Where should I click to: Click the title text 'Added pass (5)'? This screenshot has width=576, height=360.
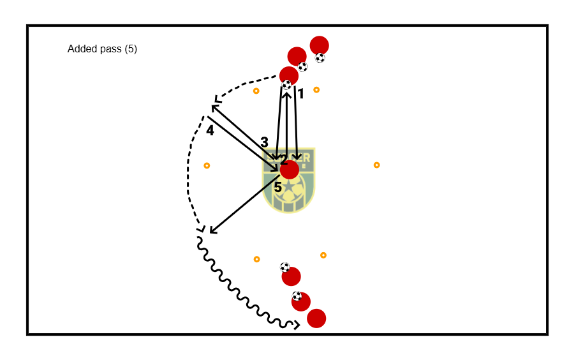coord(102,49)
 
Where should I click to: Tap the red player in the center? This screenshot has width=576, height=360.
coord(290,170)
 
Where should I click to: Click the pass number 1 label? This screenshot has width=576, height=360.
coord(300,94)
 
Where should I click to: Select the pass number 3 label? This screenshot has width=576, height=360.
coord(264,142)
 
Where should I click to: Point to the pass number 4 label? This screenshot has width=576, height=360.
coord(210,130)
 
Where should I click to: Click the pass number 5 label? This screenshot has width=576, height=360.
coord(277,188)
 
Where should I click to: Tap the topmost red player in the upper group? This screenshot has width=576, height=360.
coord(319,45)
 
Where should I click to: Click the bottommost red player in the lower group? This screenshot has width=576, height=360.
coord(316,318)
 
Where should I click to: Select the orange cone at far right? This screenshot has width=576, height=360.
coord(376,165)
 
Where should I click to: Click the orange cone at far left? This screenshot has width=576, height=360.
coord(207,165)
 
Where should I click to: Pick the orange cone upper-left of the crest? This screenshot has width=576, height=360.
coord(256,91)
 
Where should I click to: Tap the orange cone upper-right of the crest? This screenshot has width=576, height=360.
coord(316,89)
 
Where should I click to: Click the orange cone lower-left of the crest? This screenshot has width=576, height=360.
coord(256,259)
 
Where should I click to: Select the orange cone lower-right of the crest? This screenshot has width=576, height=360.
coord(323,255)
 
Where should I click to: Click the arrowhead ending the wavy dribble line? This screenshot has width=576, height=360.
coord(297,326)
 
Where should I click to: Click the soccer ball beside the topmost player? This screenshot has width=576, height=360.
coord(320,58)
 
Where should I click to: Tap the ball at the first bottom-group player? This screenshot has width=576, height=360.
coord(284,267)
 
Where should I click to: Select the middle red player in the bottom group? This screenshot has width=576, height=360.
coord(301,301)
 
